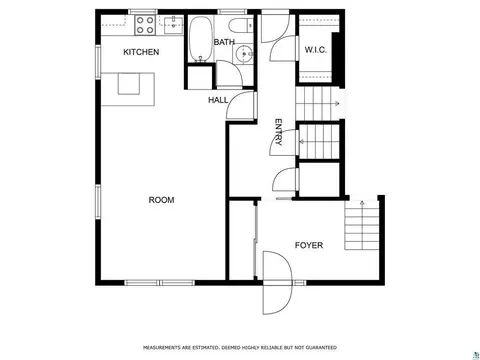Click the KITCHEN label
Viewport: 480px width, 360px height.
(x=141, y=52)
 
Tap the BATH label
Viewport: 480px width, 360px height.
(x=224, y=42)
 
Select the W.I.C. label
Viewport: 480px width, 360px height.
(x=315, y=50)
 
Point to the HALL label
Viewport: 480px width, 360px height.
(x=218, y=100)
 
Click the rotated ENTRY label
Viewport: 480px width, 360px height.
(x=278, y=132)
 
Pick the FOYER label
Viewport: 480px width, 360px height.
(x=309, y=245)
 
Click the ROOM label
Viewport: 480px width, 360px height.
(x=161, y=200)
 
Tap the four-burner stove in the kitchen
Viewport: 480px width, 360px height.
(x=145, y=25)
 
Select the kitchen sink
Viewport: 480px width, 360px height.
(x=173, y=24)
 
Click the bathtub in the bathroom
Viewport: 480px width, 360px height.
(x=201, y=39)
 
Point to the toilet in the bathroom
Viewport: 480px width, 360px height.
(x=241, y=25)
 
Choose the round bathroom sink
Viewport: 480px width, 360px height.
(x=244, y=54)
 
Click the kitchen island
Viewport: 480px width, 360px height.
(x=128, y=89)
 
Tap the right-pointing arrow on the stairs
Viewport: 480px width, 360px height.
(x=336, y=104)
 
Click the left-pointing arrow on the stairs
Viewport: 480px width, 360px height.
(x=303, y=142)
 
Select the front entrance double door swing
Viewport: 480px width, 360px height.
(x=277, y=283)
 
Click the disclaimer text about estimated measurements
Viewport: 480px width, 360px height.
(x=240, y=348)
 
